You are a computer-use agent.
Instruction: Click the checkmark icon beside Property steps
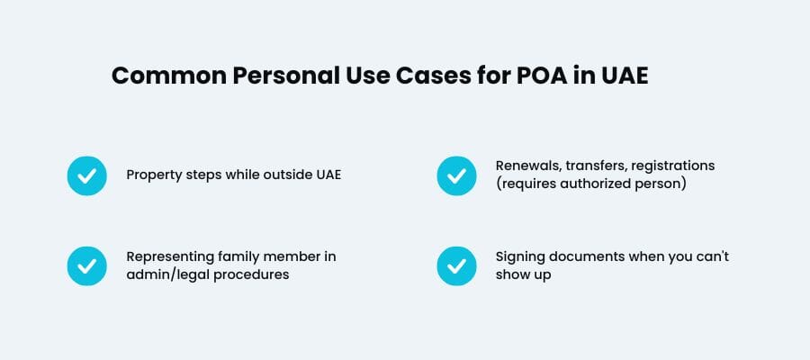pos(87,175)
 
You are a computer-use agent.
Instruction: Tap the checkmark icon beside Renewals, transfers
pos(456,175)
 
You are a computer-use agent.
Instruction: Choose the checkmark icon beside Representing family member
pos(87,265)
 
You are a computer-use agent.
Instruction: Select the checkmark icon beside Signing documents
pos(456,265)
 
